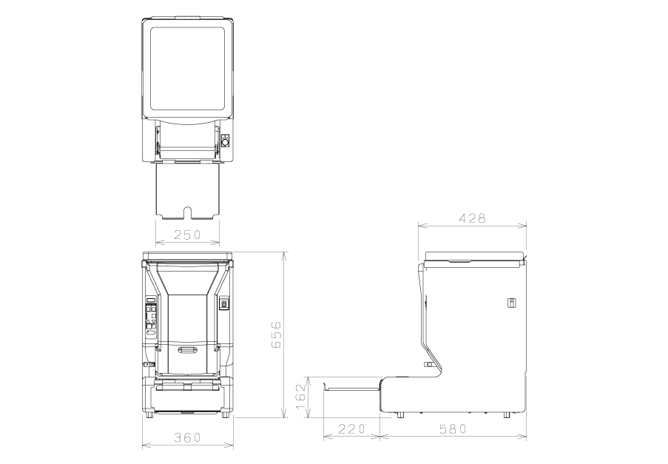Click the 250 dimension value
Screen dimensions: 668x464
[187, 235]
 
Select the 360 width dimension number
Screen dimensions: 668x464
[187, 437]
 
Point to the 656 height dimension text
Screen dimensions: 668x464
[276, 334]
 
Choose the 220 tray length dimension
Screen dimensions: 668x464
[351, 428]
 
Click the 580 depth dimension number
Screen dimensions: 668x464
[453, 428]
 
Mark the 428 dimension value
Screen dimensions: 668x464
[472, 218]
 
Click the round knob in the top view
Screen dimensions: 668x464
[226, 141]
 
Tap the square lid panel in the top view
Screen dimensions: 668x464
[187, 68]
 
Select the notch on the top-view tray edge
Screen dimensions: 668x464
[187, 212]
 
